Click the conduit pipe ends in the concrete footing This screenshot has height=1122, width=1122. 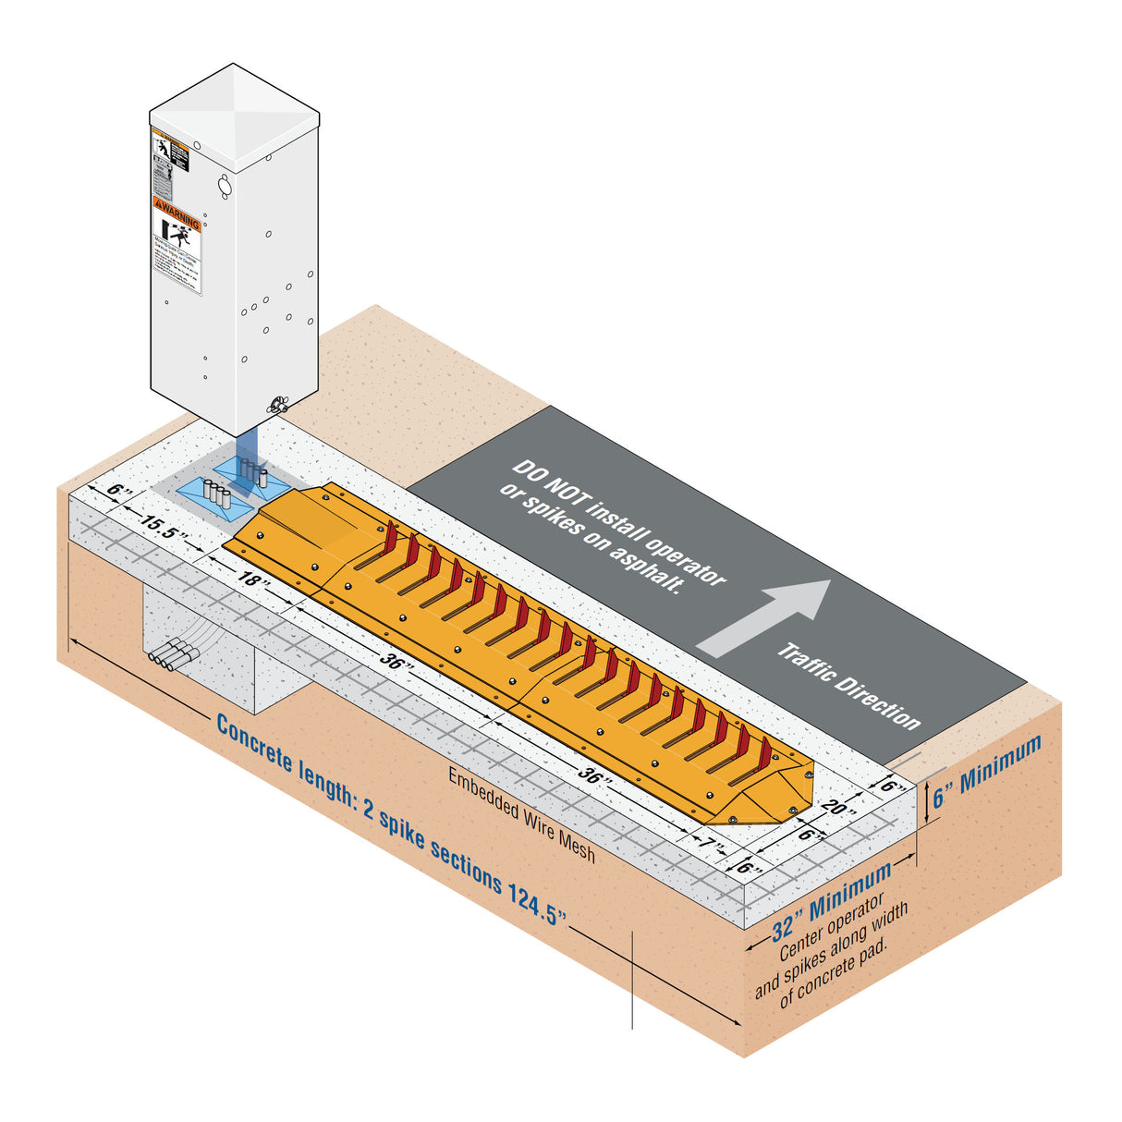[173, 657]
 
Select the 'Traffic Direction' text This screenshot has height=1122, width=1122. [848, 686]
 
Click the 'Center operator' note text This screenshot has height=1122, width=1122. [831, 925]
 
